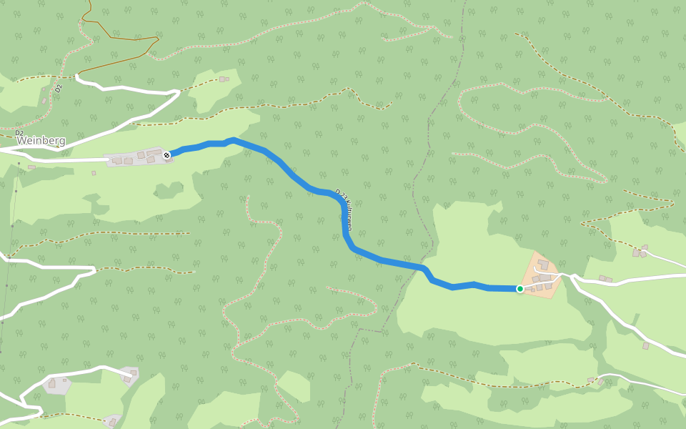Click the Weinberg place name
[x=41, y=141]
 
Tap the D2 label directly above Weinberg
[x=19, y=133]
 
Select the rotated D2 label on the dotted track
[x=59, y=89]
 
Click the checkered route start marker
[x=166, y=154]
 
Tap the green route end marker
[x=520, y=289]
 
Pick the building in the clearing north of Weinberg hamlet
[x=224, y=79]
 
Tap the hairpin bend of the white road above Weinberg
[x=176, y=93]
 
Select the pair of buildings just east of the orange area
[x=605, y=279]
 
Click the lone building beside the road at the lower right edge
[x=646, y=346]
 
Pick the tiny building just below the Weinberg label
[x=31, y=167]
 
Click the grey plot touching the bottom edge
[x=113, y=420]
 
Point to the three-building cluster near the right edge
[x=640, y=251]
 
